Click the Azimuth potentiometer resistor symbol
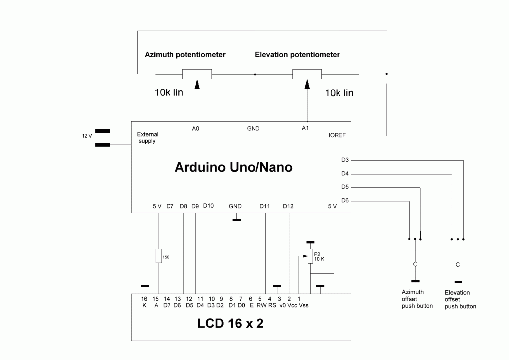(x=197, y=74)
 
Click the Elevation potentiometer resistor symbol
(x=307, y=74)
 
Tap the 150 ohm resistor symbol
(x=159, y=256)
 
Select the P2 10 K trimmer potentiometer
(x=310, y=256)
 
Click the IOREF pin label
(x=337, y=135)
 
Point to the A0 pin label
(x=195, y=129)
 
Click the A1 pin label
(x=305, y=128)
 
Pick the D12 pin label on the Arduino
(x=288, y=206)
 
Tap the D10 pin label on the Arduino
(x=208, y=206)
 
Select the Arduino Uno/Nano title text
(x=234, y=167)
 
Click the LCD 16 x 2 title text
(x=231, y=323)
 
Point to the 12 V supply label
(x=86, y=136)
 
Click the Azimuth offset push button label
(x=417, y=299)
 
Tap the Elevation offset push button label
(x=460, y=300)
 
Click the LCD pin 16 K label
(x=144, y=302)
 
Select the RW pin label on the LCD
(x=261, y=305)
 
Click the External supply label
(x=147, y=138)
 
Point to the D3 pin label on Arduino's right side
(x=345, y=160)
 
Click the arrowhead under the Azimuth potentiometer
(x=197, y=84)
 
